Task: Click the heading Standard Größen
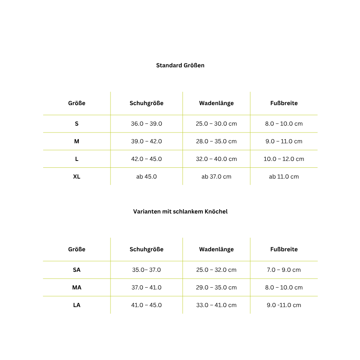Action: pos(180,66)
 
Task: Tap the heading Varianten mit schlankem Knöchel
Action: pos(180,212)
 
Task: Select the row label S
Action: pos(77,124)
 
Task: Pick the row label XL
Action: pos(77,177)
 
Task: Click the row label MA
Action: pos(77,288)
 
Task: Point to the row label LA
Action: pos(77,305)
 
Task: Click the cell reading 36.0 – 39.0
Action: pos(147,124)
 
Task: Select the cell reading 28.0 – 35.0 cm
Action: pos(216,141)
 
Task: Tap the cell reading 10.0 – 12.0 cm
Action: pos(284,159)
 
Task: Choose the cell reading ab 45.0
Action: pos(147,177)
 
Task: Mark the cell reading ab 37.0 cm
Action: pos(216,177)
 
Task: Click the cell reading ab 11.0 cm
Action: pos(284,177)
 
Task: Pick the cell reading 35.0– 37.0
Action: pos(147,270)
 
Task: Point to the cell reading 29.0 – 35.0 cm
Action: pos(216,288)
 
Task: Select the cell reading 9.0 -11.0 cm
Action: pos(284,305)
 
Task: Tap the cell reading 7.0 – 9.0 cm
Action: pos(284,270)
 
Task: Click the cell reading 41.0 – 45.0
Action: pos(147,305)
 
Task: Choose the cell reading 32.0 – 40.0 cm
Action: pos(216,159)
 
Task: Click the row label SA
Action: pos(77,270)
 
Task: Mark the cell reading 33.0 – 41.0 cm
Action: pos(216,305)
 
